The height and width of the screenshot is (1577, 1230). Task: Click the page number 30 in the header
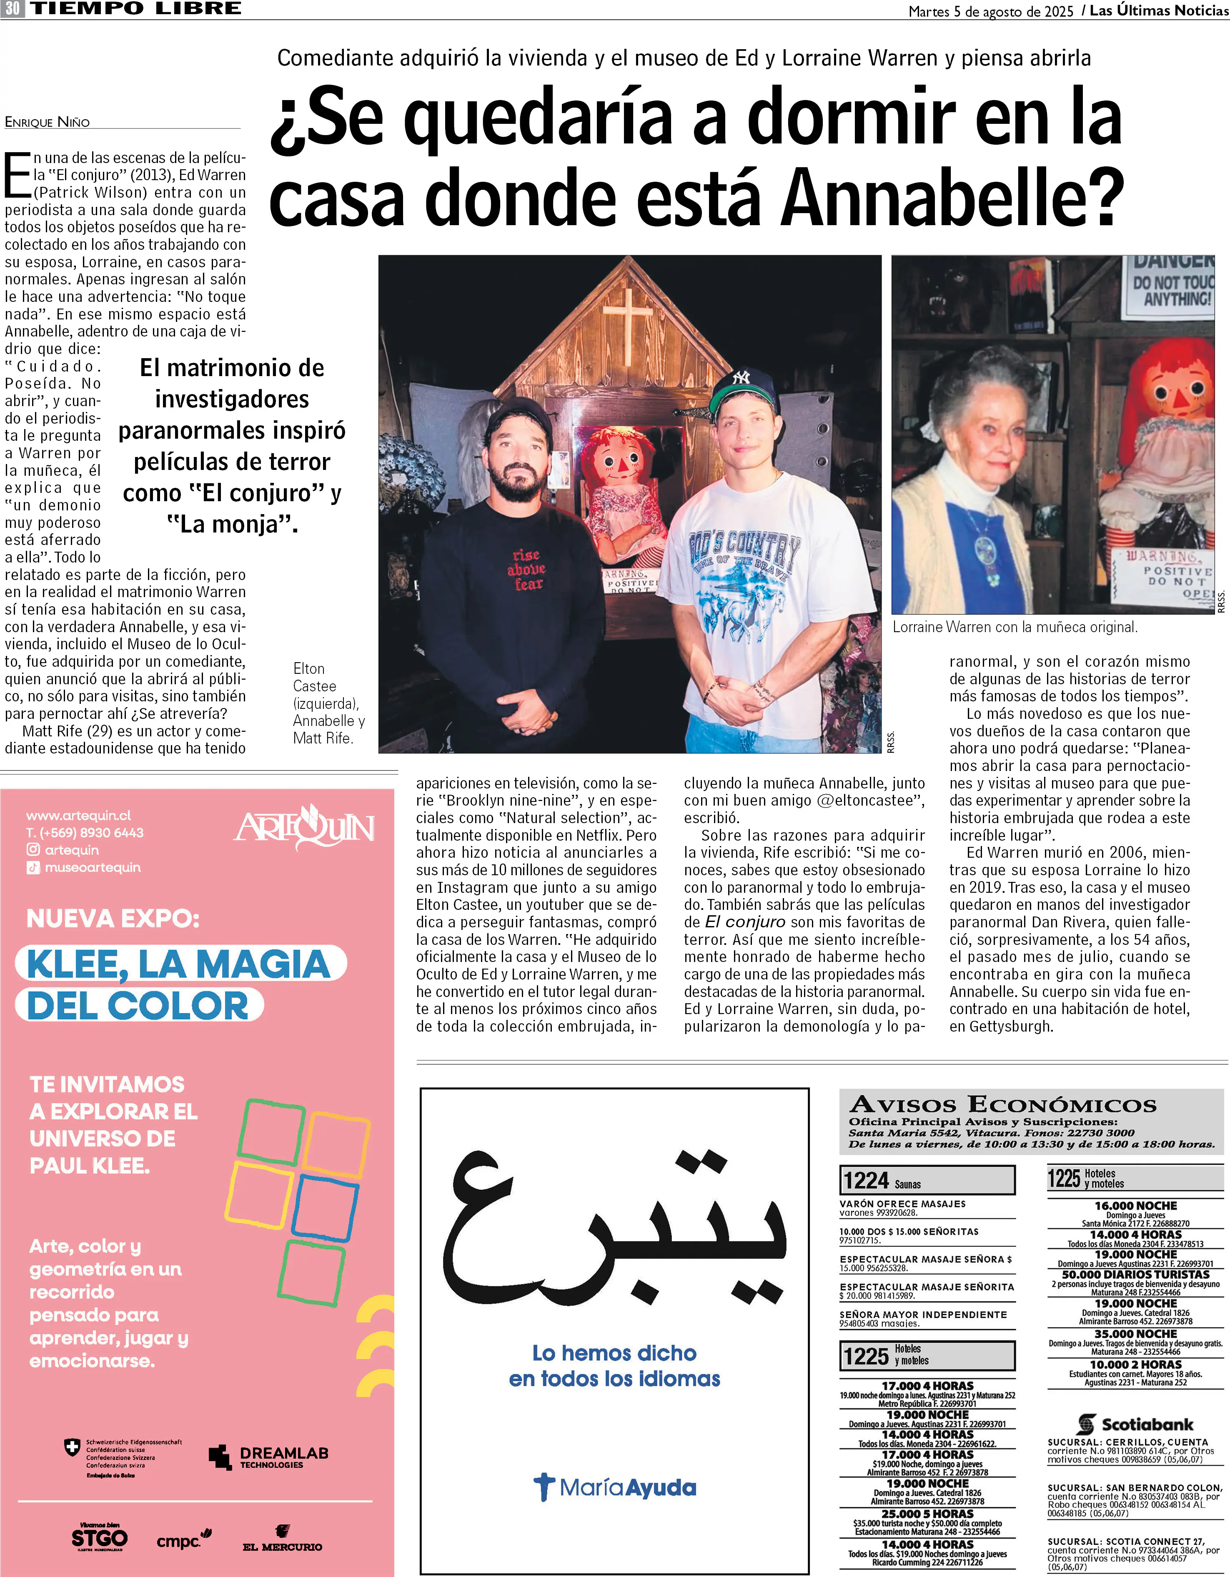[12, 9]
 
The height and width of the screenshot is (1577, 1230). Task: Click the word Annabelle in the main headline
[953, 196]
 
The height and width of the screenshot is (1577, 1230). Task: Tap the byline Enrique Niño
[48, 122]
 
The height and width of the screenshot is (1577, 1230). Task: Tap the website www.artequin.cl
[79, 815]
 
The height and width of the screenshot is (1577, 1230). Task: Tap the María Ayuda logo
[615, 1487]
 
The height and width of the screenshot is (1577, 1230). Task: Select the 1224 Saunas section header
[927, 1180]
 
